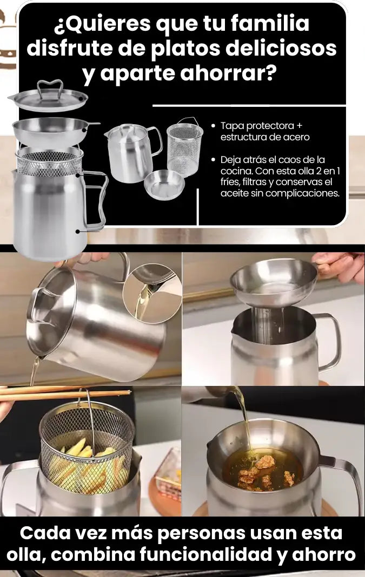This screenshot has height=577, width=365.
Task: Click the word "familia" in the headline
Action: coord(270,24)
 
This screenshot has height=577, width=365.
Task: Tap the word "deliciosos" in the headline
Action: coord(281,48)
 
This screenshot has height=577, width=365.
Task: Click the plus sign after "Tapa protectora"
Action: coord(299,126)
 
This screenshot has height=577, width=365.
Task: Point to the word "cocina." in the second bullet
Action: coord(236,171)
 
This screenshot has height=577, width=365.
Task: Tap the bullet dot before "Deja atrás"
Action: coord(213,160)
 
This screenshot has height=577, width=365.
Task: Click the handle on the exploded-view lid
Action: coord(49,87)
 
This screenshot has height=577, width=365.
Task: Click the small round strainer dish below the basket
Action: coord(164,185)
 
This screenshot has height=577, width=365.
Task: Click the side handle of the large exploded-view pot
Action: coord(95,201)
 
